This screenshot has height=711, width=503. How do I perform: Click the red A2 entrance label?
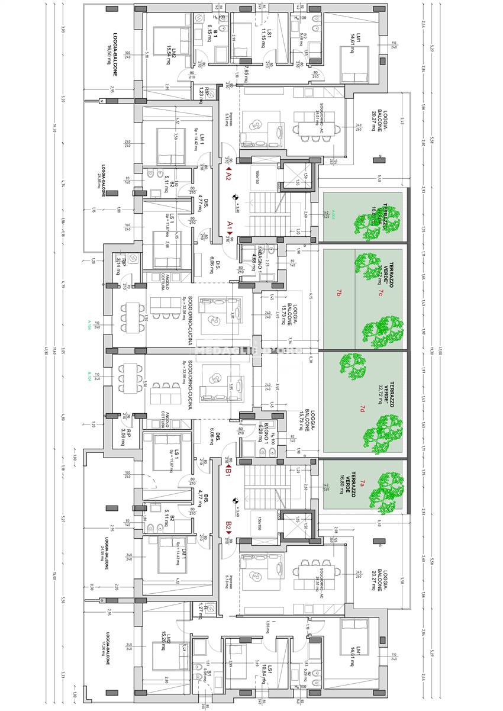(x=228, y=176)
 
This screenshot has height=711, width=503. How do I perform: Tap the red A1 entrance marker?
(x=230, y=226)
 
